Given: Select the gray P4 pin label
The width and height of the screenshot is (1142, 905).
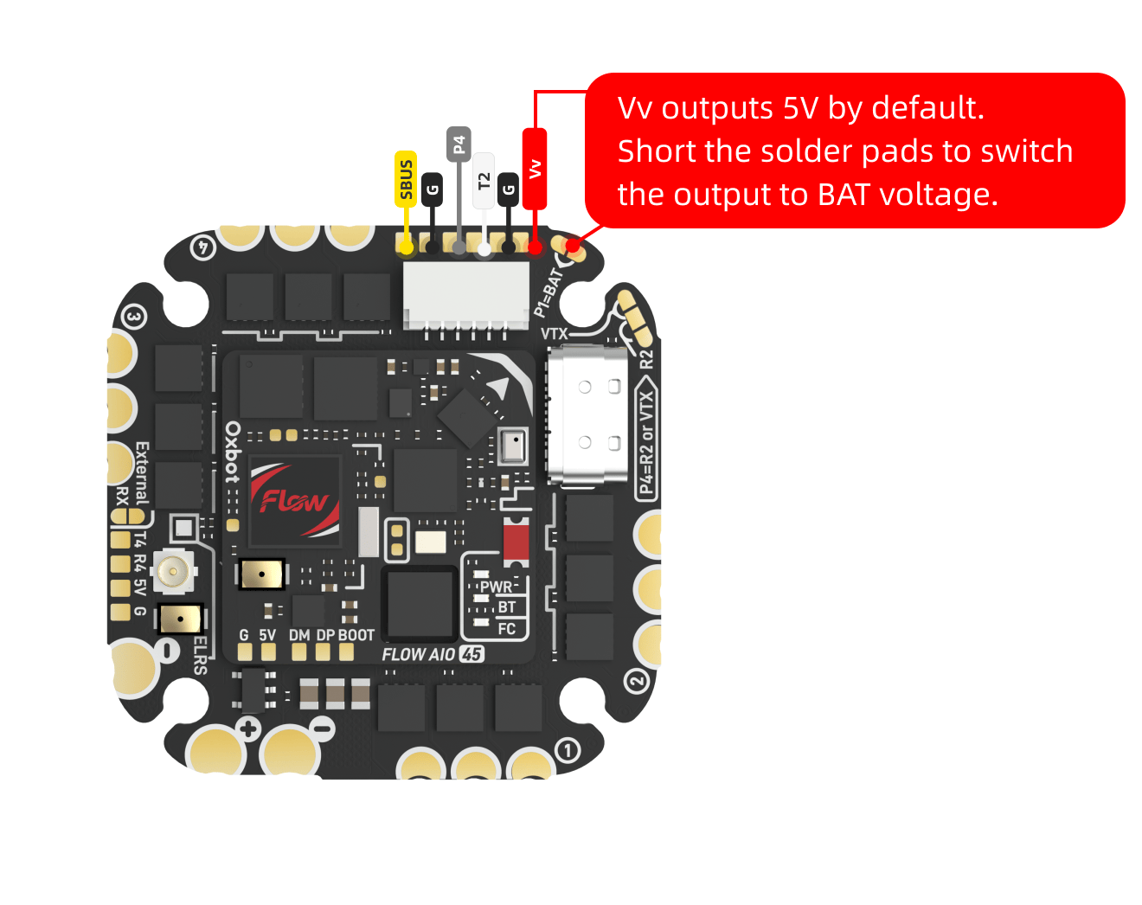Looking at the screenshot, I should (459, 144).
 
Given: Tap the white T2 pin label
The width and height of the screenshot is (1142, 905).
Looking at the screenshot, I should (484, 181).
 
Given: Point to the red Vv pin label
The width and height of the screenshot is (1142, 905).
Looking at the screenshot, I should (535, 169).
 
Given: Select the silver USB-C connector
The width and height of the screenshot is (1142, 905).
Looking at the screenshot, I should (587, 415).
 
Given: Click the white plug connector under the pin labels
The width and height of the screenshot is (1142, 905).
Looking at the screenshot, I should (465, 295).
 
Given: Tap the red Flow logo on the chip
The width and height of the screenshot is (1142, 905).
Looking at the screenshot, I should (293, 499).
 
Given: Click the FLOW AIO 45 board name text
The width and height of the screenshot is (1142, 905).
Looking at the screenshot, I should (433, 655).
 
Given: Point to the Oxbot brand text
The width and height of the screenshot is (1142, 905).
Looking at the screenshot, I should (233, 452).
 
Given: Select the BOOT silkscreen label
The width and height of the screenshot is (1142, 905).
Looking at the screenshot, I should (356, 635).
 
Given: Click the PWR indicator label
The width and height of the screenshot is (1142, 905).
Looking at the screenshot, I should (496, 587).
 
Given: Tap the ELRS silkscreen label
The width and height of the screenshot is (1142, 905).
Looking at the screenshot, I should (200, 655).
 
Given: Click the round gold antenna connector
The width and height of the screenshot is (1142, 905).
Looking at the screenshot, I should (173, 571).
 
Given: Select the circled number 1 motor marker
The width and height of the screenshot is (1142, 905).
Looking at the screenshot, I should (567, 750).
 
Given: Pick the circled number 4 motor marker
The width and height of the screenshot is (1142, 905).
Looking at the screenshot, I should (202, 247).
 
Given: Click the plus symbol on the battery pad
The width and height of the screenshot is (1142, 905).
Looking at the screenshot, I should (249, 728).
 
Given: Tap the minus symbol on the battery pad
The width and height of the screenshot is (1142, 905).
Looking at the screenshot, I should (324, 728).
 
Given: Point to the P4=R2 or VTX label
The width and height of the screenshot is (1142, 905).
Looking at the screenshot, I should (646, 442).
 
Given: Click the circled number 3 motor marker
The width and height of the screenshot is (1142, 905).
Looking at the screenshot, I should (133, 317).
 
